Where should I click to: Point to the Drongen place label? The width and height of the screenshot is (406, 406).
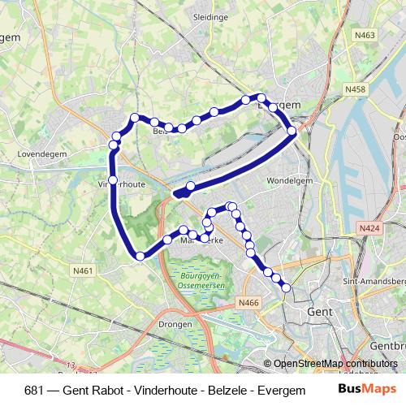(x=176, y=324)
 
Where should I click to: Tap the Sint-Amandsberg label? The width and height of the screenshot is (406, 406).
(x=375, y=280)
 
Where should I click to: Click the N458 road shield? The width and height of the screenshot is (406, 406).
(x=355, y=89)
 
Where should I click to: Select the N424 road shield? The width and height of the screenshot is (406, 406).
(x=369, y=231)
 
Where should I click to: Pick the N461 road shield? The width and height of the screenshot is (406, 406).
(x=82, y=271)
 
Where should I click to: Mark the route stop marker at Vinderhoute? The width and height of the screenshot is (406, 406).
(x=113, y=179)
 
